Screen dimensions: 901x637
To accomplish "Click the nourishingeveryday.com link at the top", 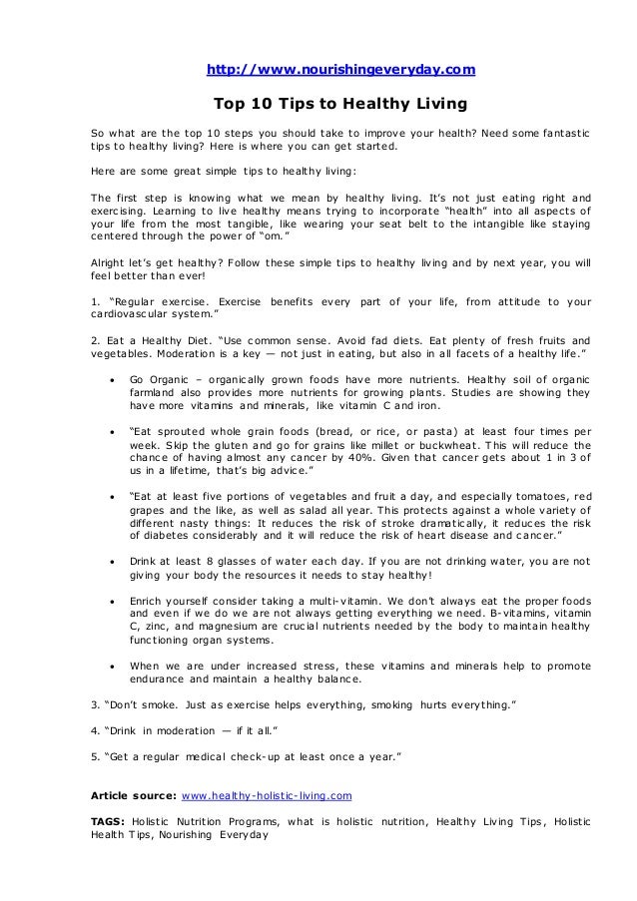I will coord(340,69).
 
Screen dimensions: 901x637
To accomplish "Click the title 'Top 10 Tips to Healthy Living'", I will coord(340,104).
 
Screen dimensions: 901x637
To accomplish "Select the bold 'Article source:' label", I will coord(132,797).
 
